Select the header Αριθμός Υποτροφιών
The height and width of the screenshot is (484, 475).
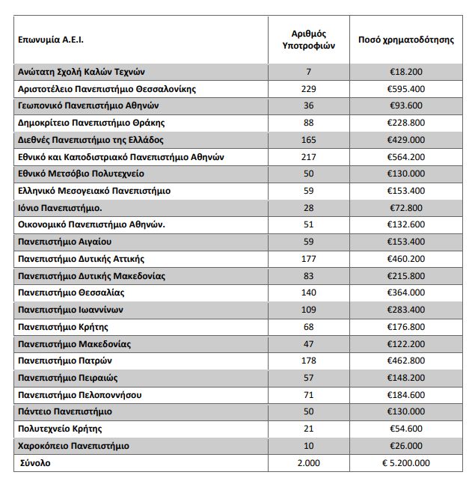pos(308,40)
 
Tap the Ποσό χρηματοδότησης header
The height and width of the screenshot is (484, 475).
pos(406,40)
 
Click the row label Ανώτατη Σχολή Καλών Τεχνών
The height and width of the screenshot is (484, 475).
pos(86,72)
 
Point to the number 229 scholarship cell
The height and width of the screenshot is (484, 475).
pos(309,89)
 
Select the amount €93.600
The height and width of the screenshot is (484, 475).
pos(406,105)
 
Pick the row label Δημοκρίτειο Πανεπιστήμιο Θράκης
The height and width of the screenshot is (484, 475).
pos(91,123)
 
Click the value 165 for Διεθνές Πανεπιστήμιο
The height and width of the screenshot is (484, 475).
pos(309,140)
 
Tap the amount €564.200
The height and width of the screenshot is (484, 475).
pos(406,157)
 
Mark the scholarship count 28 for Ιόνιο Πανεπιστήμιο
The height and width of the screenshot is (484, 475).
pos(309,208)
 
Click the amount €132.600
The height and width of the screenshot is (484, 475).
pos(406,224)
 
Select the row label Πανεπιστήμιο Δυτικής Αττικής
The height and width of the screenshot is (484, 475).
pos(81,259)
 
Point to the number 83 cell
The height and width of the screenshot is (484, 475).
pos(309,276)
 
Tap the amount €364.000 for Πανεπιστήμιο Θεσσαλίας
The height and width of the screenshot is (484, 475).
pos(406,292)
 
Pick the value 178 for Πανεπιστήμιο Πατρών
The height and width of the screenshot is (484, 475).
pos(309,361)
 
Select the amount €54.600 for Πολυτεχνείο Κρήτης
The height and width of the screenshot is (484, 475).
pos(406,429)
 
